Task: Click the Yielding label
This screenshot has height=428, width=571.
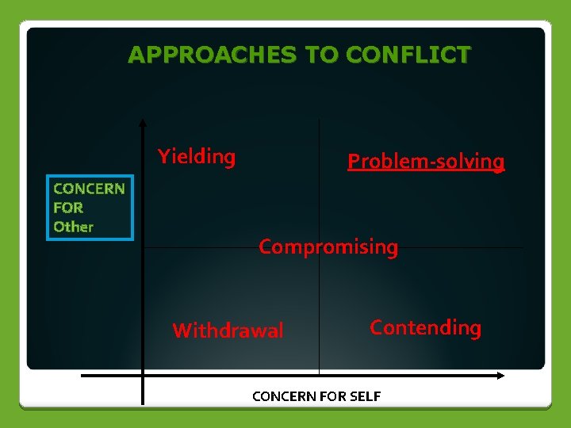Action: (x=197, y=157)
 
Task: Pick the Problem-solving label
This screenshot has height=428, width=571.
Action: (x=426, y=162)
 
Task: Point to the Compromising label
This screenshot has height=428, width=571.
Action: (x=328, y=247)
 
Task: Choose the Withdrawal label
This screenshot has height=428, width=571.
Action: (x=228, y=331)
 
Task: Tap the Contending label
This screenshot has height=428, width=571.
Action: (x=425, y=327)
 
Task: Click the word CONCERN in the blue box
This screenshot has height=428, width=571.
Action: (x=89, y=189)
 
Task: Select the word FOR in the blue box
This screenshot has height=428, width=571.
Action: (x=68, y=208)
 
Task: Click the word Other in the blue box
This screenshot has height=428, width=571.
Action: (x=73, y=227)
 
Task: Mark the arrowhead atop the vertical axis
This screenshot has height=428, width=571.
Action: (x=143, y=123)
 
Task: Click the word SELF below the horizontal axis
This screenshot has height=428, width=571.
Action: (x=364, y=396)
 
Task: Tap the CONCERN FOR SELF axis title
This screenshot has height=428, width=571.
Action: (x=316, y=396)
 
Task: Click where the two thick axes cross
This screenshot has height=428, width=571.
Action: (x=143, y=375)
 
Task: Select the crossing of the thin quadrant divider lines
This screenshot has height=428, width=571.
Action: (x=319, y=248)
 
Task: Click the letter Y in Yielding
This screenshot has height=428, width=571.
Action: (x=163, y=155)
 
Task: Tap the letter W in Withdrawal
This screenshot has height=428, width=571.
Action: (x=182, y=331)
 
